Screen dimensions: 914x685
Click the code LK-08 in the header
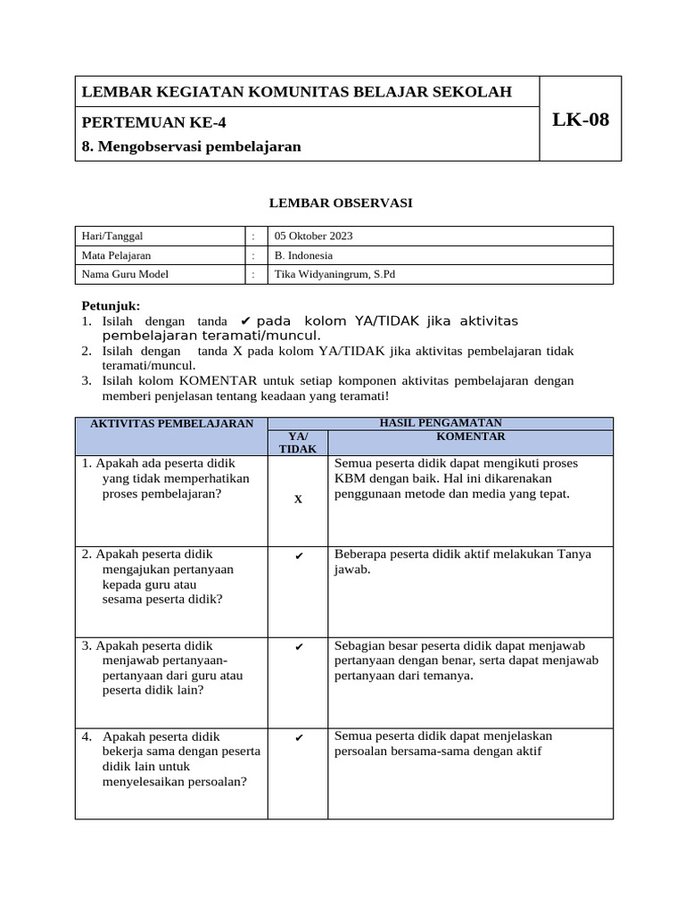[x=581, y=120]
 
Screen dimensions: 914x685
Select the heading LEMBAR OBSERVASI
[x=342, y=204]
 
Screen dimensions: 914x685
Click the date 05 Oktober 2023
[x=314, y=237]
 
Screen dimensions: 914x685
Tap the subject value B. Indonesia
[x=304, y=255]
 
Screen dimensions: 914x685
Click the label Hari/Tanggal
[x=112, y=237]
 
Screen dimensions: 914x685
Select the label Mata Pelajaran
[x=117, y=255]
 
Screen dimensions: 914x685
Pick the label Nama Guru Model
[x=125, y=274]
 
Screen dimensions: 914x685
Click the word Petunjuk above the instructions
[x=111, y=305]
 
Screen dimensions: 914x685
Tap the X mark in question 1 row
[x=298, y=500]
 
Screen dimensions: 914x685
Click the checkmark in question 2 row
[x=298, y=557]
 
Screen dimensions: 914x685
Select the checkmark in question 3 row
[x=298, y=647]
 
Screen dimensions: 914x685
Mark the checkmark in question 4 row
[x=298, y=738]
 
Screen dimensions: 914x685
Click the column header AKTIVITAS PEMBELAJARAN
[x=172, y=424]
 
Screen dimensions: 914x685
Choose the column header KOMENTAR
[x=470, y=436]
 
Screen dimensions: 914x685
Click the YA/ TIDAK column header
[x=298, y=443]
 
